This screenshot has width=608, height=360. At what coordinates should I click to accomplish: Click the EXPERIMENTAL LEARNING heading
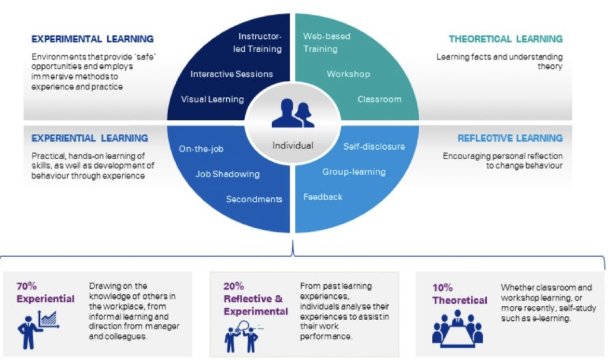pyautogui.click(x=92, y=39)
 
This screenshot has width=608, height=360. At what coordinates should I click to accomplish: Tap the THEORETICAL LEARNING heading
pyautogui.click(x=506, y=39)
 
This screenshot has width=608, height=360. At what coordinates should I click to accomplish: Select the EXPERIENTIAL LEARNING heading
pyautogui.click(x=90, y=138)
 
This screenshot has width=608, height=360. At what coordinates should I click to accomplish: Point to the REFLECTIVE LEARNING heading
pyautogui.click(x=510, y=138)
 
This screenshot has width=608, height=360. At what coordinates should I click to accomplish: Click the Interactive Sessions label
pyautogui.click(x=232, y=74)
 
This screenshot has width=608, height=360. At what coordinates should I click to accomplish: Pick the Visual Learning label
pyautogui.click(x=213, y=99)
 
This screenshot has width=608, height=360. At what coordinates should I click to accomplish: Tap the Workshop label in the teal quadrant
pyautogui.click(x=348, y=74)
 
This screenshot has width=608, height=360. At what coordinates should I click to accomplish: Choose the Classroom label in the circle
pyautogui.click(x=379, y=99)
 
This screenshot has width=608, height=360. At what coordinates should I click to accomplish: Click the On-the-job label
pyautogui.click(x=201, y=149)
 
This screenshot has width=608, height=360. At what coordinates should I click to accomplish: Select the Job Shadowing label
pyautogui.click(x=227, y=174)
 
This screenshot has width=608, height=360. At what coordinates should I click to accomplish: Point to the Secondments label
pyautogui.click(x=254, y=200)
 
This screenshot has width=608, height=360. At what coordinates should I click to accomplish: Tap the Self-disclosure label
pyautogui.click(x=374, y=147)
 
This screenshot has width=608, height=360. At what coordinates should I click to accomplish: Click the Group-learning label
pyautogui.click(x=354, y=172)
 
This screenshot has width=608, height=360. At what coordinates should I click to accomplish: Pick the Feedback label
pyautogui.click(x=323, y=197)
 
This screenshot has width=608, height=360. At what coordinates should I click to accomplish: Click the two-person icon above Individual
pyautogui.click(x=293, y=113)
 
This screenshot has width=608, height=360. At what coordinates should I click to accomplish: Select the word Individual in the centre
pyautogui.click(x=293, y=146)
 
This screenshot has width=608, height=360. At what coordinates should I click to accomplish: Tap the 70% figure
pyautogui.click(x=27, y=286)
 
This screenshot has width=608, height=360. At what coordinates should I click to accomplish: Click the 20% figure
pyautogui.click(x=233, y=286)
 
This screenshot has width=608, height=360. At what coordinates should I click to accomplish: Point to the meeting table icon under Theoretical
pyautogui.click(x=458, y=328)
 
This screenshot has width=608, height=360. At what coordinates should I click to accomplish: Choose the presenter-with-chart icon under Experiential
pyautogui.click(x=38, y=330)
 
